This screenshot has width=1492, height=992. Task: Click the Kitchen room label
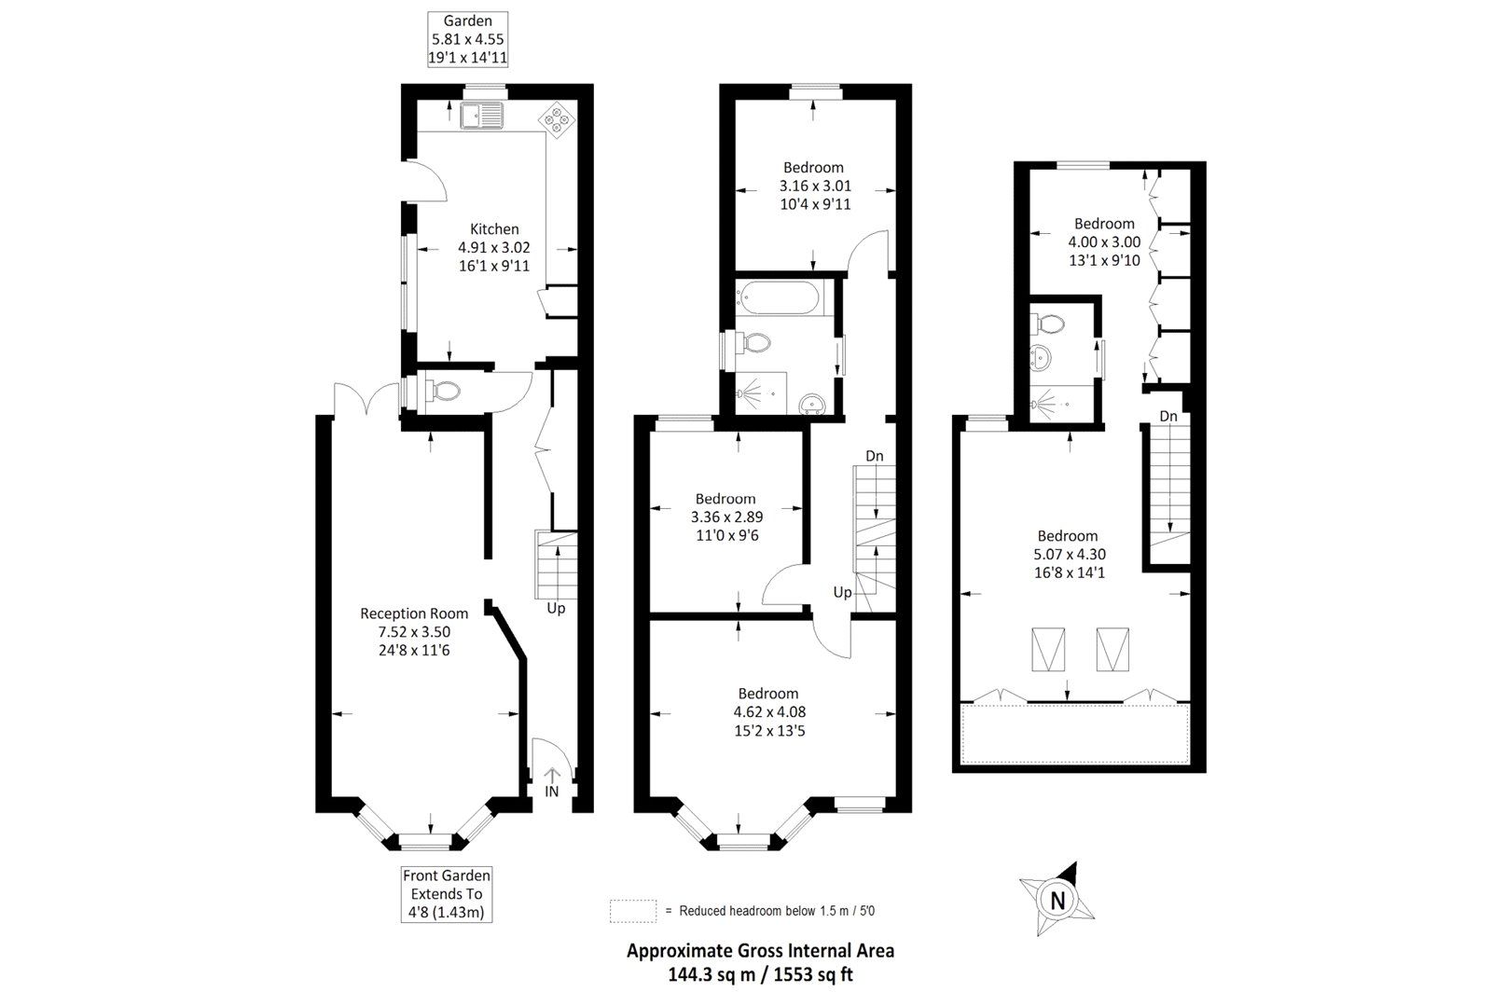tap(494, 229)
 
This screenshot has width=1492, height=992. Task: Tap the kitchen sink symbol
tap(482, 116)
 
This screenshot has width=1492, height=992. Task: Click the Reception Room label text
tap(414, 613)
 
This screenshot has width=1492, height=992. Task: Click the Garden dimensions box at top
tap(468, 39)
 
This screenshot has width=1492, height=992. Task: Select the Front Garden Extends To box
tap(447, 894)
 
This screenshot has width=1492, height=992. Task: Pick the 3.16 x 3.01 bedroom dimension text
tap(815, 186)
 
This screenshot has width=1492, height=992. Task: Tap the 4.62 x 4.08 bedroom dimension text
tap(769, 712)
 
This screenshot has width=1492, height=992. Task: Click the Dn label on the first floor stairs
tap(875, 456)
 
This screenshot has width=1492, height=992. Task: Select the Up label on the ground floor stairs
tap(556, 608)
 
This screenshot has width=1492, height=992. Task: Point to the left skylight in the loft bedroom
tap(1047, 649)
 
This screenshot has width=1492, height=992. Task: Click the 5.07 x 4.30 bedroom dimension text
tap(1069, 554)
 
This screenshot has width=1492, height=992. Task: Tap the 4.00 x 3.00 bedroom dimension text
tap(1105, 241)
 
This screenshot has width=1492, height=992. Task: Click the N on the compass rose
tap(1057, 901)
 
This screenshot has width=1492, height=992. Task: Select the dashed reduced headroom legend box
tap(633, 910)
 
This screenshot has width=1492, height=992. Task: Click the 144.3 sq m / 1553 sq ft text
tap(759, 974)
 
